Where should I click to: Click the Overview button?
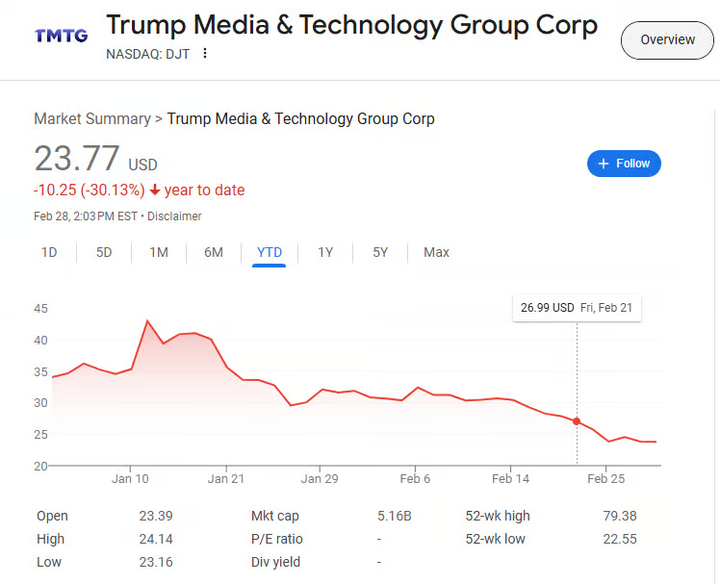(x=667, y=39)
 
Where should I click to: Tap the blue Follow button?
(x=624, y=164)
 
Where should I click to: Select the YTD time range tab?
(x=270, y=252)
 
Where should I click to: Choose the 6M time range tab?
(x=214, y=252)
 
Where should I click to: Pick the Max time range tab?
(x=436, y=252)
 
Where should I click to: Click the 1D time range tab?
(x=49, y=252)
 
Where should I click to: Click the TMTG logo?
(x=61, y=36)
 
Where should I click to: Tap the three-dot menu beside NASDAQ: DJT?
(x=204, y=54)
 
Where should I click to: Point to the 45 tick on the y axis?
(x=40, y=309)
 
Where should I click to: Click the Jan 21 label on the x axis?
(x=224, y=478)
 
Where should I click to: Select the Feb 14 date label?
(x=510, y=478)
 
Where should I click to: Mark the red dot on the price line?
(x=577, y=421)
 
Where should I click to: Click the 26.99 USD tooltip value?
(x=547, y=308)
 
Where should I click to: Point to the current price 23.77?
(x=77, y=159)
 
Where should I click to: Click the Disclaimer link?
(x=174, y=216)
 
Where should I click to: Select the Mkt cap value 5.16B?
(x=394, y=516)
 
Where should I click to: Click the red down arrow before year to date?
(x=154, y=190)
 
